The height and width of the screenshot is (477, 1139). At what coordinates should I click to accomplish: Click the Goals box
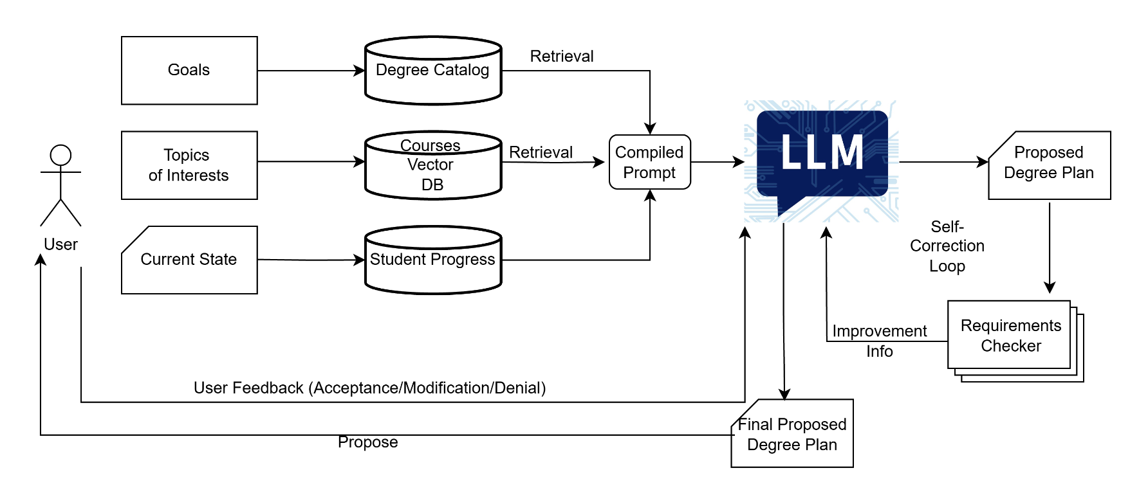click(x=189, y=70)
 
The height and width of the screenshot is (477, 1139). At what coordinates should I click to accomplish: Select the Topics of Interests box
click(x=189, y=165)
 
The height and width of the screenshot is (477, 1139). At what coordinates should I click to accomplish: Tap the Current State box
click(x=189, y=260)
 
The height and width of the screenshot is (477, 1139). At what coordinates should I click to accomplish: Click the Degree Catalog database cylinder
click(x=433, y=71)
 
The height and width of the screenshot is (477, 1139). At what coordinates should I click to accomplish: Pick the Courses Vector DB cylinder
click(x=433, y=166)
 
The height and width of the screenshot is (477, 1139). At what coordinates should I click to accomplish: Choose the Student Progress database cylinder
click(x=433, y=260)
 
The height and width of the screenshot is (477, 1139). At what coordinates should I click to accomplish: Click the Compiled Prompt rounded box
click(x=649, y=162)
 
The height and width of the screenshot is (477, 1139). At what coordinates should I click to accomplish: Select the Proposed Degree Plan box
click(x=1049, y=165)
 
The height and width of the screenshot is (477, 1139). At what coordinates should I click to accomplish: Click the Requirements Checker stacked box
click(x=1010, y=336)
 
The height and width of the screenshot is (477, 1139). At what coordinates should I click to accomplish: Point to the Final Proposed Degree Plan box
click(x=792, y=434)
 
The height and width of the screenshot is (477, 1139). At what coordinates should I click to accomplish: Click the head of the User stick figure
click(x=60, y=155)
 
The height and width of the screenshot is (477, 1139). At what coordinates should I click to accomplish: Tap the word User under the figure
click(x=60, y=244)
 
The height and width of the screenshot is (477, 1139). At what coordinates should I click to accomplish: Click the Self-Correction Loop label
click(x=947, y=246)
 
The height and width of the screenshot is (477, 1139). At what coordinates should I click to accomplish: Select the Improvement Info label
click(x=879, y=341)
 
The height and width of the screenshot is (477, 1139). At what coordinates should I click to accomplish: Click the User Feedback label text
click(x=369, y=388)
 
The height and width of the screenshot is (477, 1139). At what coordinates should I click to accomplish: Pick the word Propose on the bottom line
click(x=367, y=442)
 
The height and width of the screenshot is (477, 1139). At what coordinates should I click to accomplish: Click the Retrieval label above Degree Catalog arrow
click(x=561, y=57)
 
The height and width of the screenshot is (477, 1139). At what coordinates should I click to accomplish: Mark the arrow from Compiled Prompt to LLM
click(x=717, y=162)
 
